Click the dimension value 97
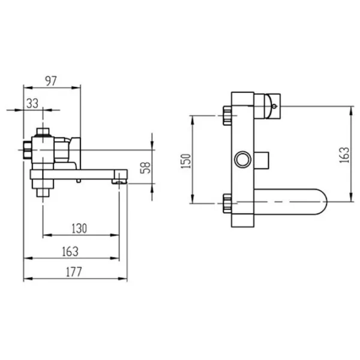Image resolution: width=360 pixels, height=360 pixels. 51,81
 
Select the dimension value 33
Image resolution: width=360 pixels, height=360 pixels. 32,104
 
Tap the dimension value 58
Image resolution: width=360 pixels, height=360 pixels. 146,167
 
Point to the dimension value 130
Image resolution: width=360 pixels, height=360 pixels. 79,229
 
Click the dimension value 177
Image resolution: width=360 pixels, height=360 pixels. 74,272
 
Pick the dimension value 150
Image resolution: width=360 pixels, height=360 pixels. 186,161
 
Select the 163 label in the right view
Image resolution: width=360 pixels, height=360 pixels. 344,155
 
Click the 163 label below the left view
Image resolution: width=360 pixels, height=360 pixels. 70,251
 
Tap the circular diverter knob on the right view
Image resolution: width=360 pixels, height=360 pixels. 243,160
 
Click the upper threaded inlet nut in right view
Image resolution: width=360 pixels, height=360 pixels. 227,115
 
